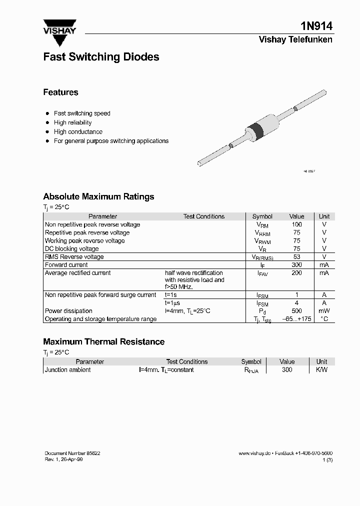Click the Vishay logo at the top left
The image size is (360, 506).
[59, 31]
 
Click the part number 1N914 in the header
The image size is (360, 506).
[316, 26]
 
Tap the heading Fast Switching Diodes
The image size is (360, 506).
[101, 57]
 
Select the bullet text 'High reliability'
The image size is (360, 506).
[72, 122]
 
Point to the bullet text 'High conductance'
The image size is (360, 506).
[78, 132]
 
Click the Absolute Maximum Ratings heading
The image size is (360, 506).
[98, 196]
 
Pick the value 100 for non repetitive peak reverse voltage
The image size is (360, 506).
[296, 225]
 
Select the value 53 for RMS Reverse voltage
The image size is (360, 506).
[296, 257]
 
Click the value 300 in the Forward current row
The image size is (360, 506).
[296, 265]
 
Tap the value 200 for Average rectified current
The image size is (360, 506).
[296, 273]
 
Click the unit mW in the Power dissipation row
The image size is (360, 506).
[324, 311]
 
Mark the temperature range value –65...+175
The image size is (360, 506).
[296, 319]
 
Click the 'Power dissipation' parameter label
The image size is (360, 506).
[68, 311]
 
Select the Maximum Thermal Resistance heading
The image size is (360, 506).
[103, 342]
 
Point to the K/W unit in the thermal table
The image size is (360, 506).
[321, 370]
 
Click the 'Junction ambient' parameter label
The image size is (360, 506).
[68, 370]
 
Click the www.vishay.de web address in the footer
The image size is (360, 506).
[254, 453]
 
